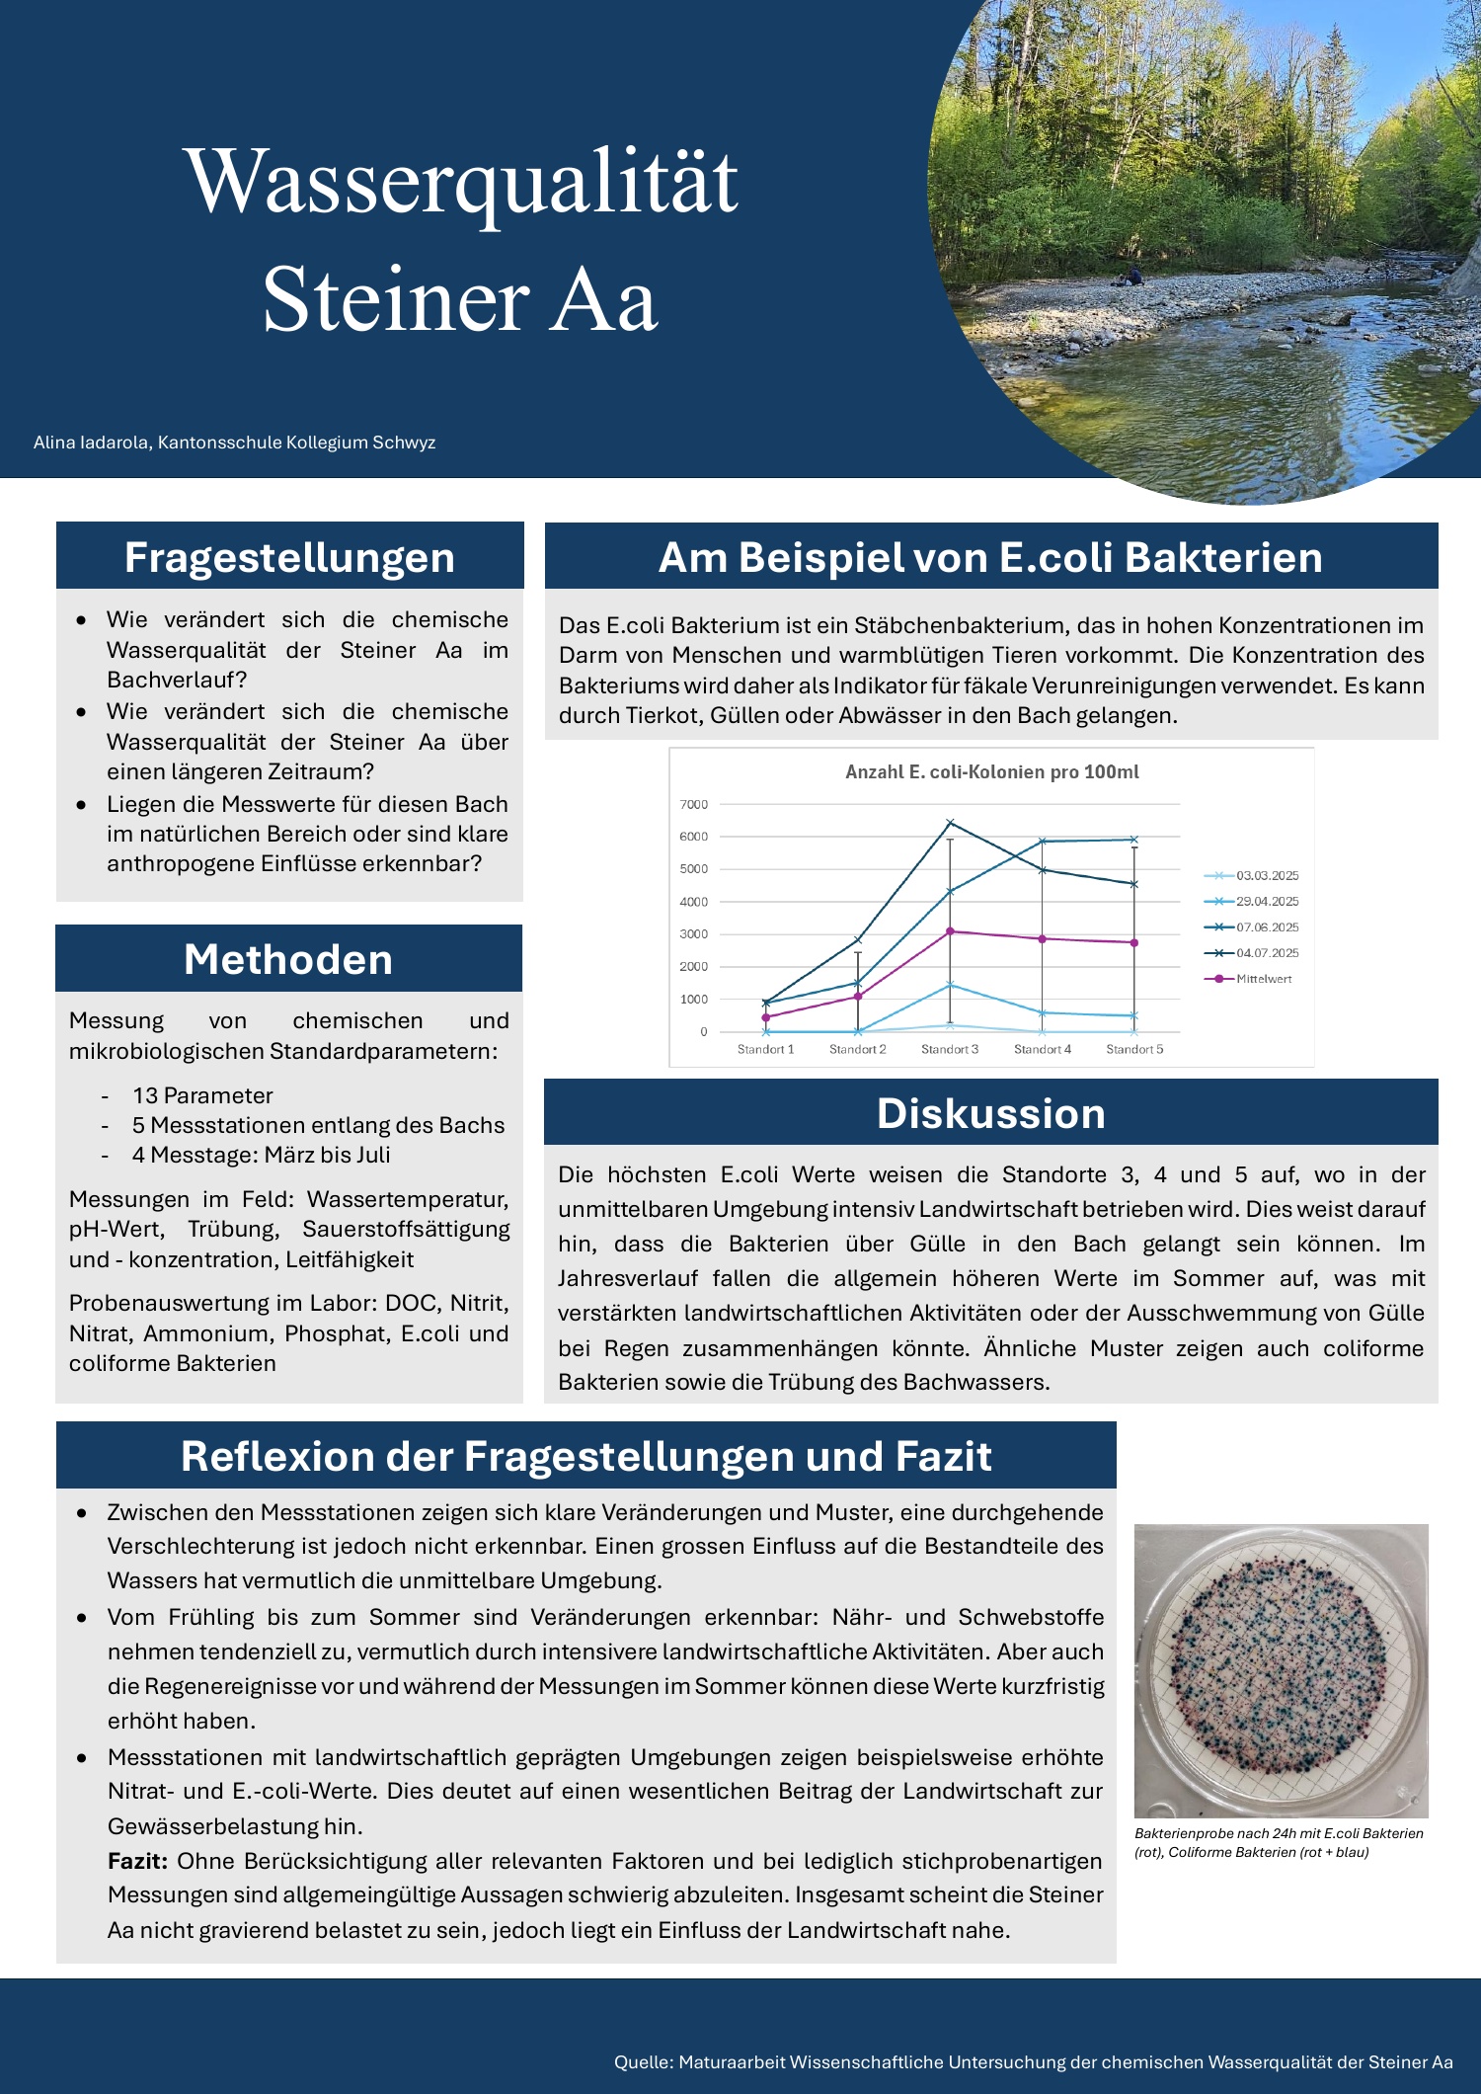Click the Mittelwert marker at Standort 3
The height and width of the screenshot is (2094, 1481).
tap(950, 930)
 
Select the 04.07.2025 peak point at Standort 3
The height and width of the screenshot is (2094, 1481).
tap(950, 823)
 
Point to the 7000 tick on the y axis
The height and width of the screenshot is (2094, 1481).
tap(694, 804)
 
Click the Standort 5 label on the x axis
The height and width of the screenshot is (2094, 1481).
tap(1134, 1049)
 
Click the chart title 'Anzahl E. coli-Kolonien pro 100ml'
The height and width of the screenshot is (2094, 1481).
tap(991, 771)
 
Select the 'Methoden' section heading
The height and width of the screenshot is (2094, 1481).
tap(288, 959)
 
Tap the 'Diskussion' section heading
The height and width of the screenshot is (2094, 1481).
tap(990, 1113)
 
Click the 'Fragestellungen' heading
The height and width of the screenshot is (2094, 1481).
tap(289, 557)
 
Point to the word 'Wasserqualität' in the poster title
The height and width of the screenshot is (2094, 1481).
tap(461, 181)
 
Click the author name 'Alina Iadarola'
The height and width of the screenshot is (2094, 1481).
tap(91, 443)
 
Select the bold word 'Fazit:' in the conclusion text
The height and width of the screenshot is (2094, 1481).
tap(137, 1861)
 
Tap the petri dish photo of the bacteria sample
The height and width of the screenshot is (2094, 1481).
tap(1281, 1669)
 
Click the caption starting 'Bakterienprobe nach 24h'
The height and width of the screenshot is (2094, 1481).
tap(1279, 1842)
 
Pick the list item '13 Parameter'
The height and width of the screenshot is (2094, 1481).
tap(202, 1095)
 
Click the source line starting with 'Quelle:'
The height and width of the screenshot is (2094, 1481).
tap(1033, 2061)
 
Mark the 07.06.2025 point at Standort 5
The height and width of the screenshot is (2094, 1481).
tap(1134, 840)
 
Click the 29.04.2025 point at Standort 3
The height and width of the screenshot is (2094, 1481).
tap(950, 985)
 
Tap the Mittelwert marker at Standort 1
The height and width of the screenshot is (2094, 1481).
tap(766, 1017)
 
